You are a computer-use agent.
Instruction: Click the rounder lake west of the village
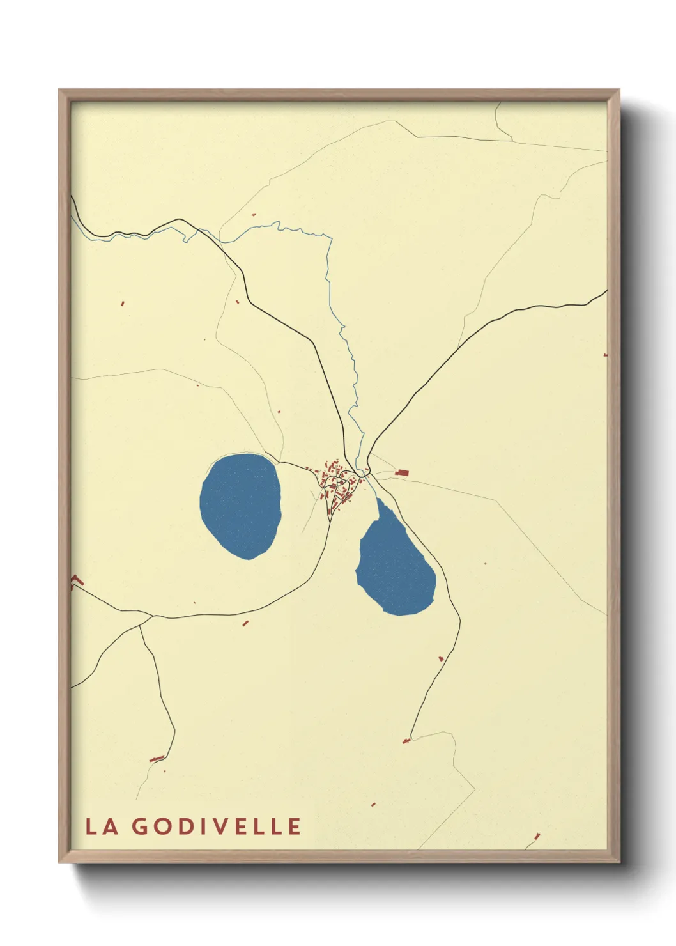pyautogui.click(x=240, y=505)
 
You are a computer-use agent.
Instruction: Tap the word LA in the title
pyautogui.click(x=102, y=826)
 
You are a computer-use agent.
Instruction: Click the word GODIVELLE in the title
pyautogui.click(x=217, y=826)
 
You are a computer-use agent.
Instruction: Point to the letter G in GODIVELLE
pyautogui.click(x=141, y=826)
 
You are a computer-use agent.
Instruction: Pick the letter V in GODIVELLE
pyautogui.click(x=223, y=826)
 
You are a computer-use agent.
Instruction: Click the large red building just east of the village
pyautogui.click(x=402, y=472)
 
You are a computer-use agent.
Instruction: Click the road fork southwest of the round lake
pyautogui.click(x=152, y=617)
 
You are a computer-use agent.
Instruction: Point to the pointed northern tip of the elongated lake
pyautogui.click(x=378, y=500)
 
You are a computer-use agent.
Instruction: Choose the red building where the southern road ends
pyautogui.click(x=406, y=741)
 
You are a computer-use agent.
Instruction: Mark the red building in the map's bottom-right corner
pyautogui.click(x=537, y=835)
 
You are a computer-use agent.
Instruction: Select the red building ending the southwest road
pyautogui.click(x=157, y=759)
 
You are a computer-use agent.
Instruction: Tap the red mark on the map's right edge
pyautogui.click(x=605, y=354)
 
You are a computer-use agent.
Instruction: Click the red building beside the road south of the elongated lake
pyautogui.click(x=441, y=658)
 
